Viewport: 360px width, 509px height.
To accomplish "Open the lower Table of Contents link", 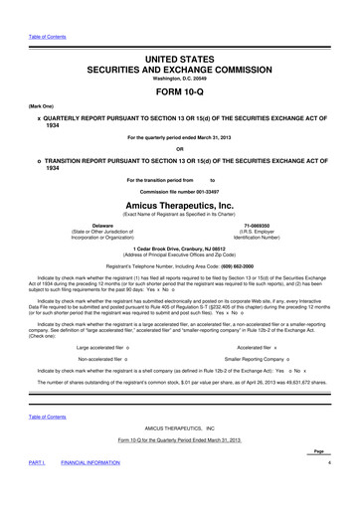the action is click(x=37, y=418).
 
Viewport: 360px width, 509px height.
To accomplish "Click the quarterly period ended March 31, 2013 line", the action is click(x=179, y=138).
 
